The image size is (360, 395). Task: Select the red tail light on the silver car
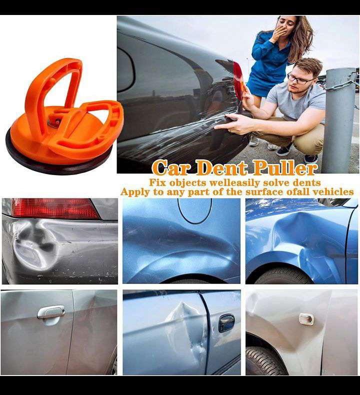[x=54, y=208]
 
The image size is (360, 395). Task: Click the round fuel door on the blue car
[x=194, y=210]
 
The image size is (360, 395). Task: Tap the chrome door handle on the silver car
[x=51, y=312]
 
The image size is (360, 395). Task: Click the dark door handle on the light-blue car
[x=226, y=323]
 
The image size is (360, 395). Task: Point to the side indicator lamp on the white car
[x=307, y=319]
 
